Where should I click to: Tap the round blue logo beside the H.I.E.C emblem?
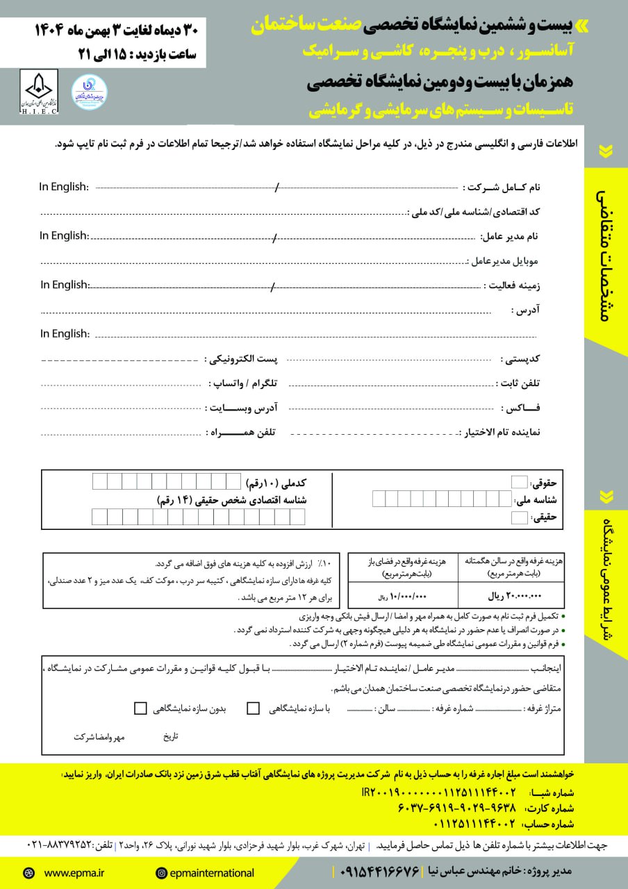pyautogui.click(x=89, y=91)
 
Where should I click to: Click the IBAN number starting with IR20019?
pyautogui.click(x=438, y=792)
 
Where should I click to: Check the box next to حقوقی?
pyautogui.click(x=519, y=483)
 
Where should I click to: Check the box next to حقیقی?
pyautogui.click(x=519, y=517)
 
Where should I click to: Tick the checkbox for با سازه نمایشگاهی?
pyautogui.click(x=254, y=708)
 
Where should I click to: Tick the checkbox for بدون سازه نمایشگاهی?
pyautogui.click(x=140, y=708)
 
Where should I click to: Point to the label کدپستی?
pyautogui.click(x=521, y=359)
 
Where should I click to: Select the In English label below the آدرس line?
pyautogui.click(x=65, y=334)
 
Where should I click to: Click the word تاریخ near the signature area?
pyautogui.click(x=170, y=736)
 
